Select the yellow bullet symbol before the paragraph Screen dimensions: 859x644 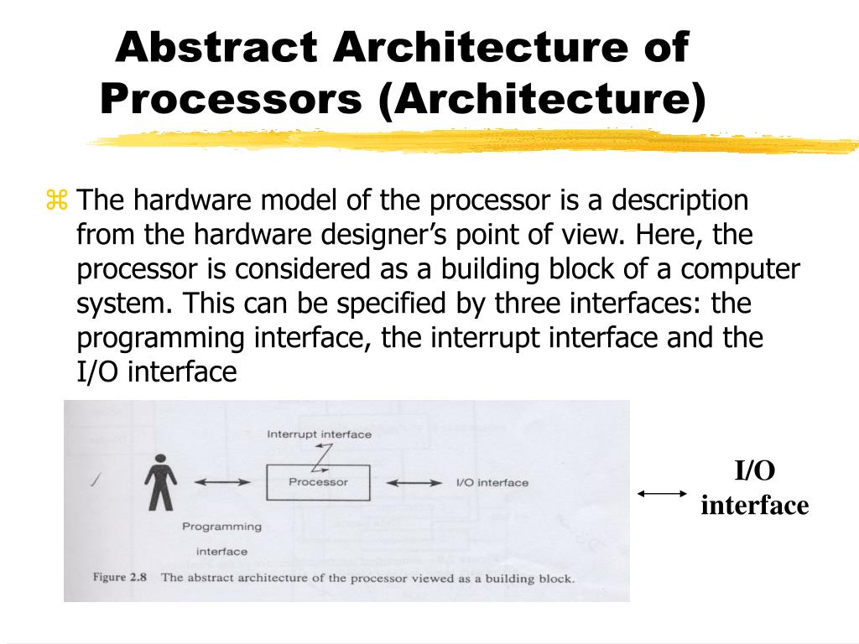click(57, 201)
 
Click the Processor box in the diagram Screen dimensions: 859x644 click(318, 482)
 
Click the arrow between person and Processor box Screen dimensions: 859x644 click(222, 482)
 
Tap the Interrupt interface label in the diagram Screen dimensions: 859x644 click(319, 434)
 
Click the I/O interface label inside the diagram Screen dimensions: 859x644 click(492, 482)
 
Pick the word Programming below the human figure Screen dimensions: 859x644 click(221, 527)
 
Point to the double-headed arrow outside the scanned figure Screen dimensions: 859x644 click(662, 494)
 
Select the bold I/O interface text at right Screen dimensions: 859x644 click(754, 488)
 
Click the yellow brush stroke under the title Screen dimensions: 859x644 click(470, 143)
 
